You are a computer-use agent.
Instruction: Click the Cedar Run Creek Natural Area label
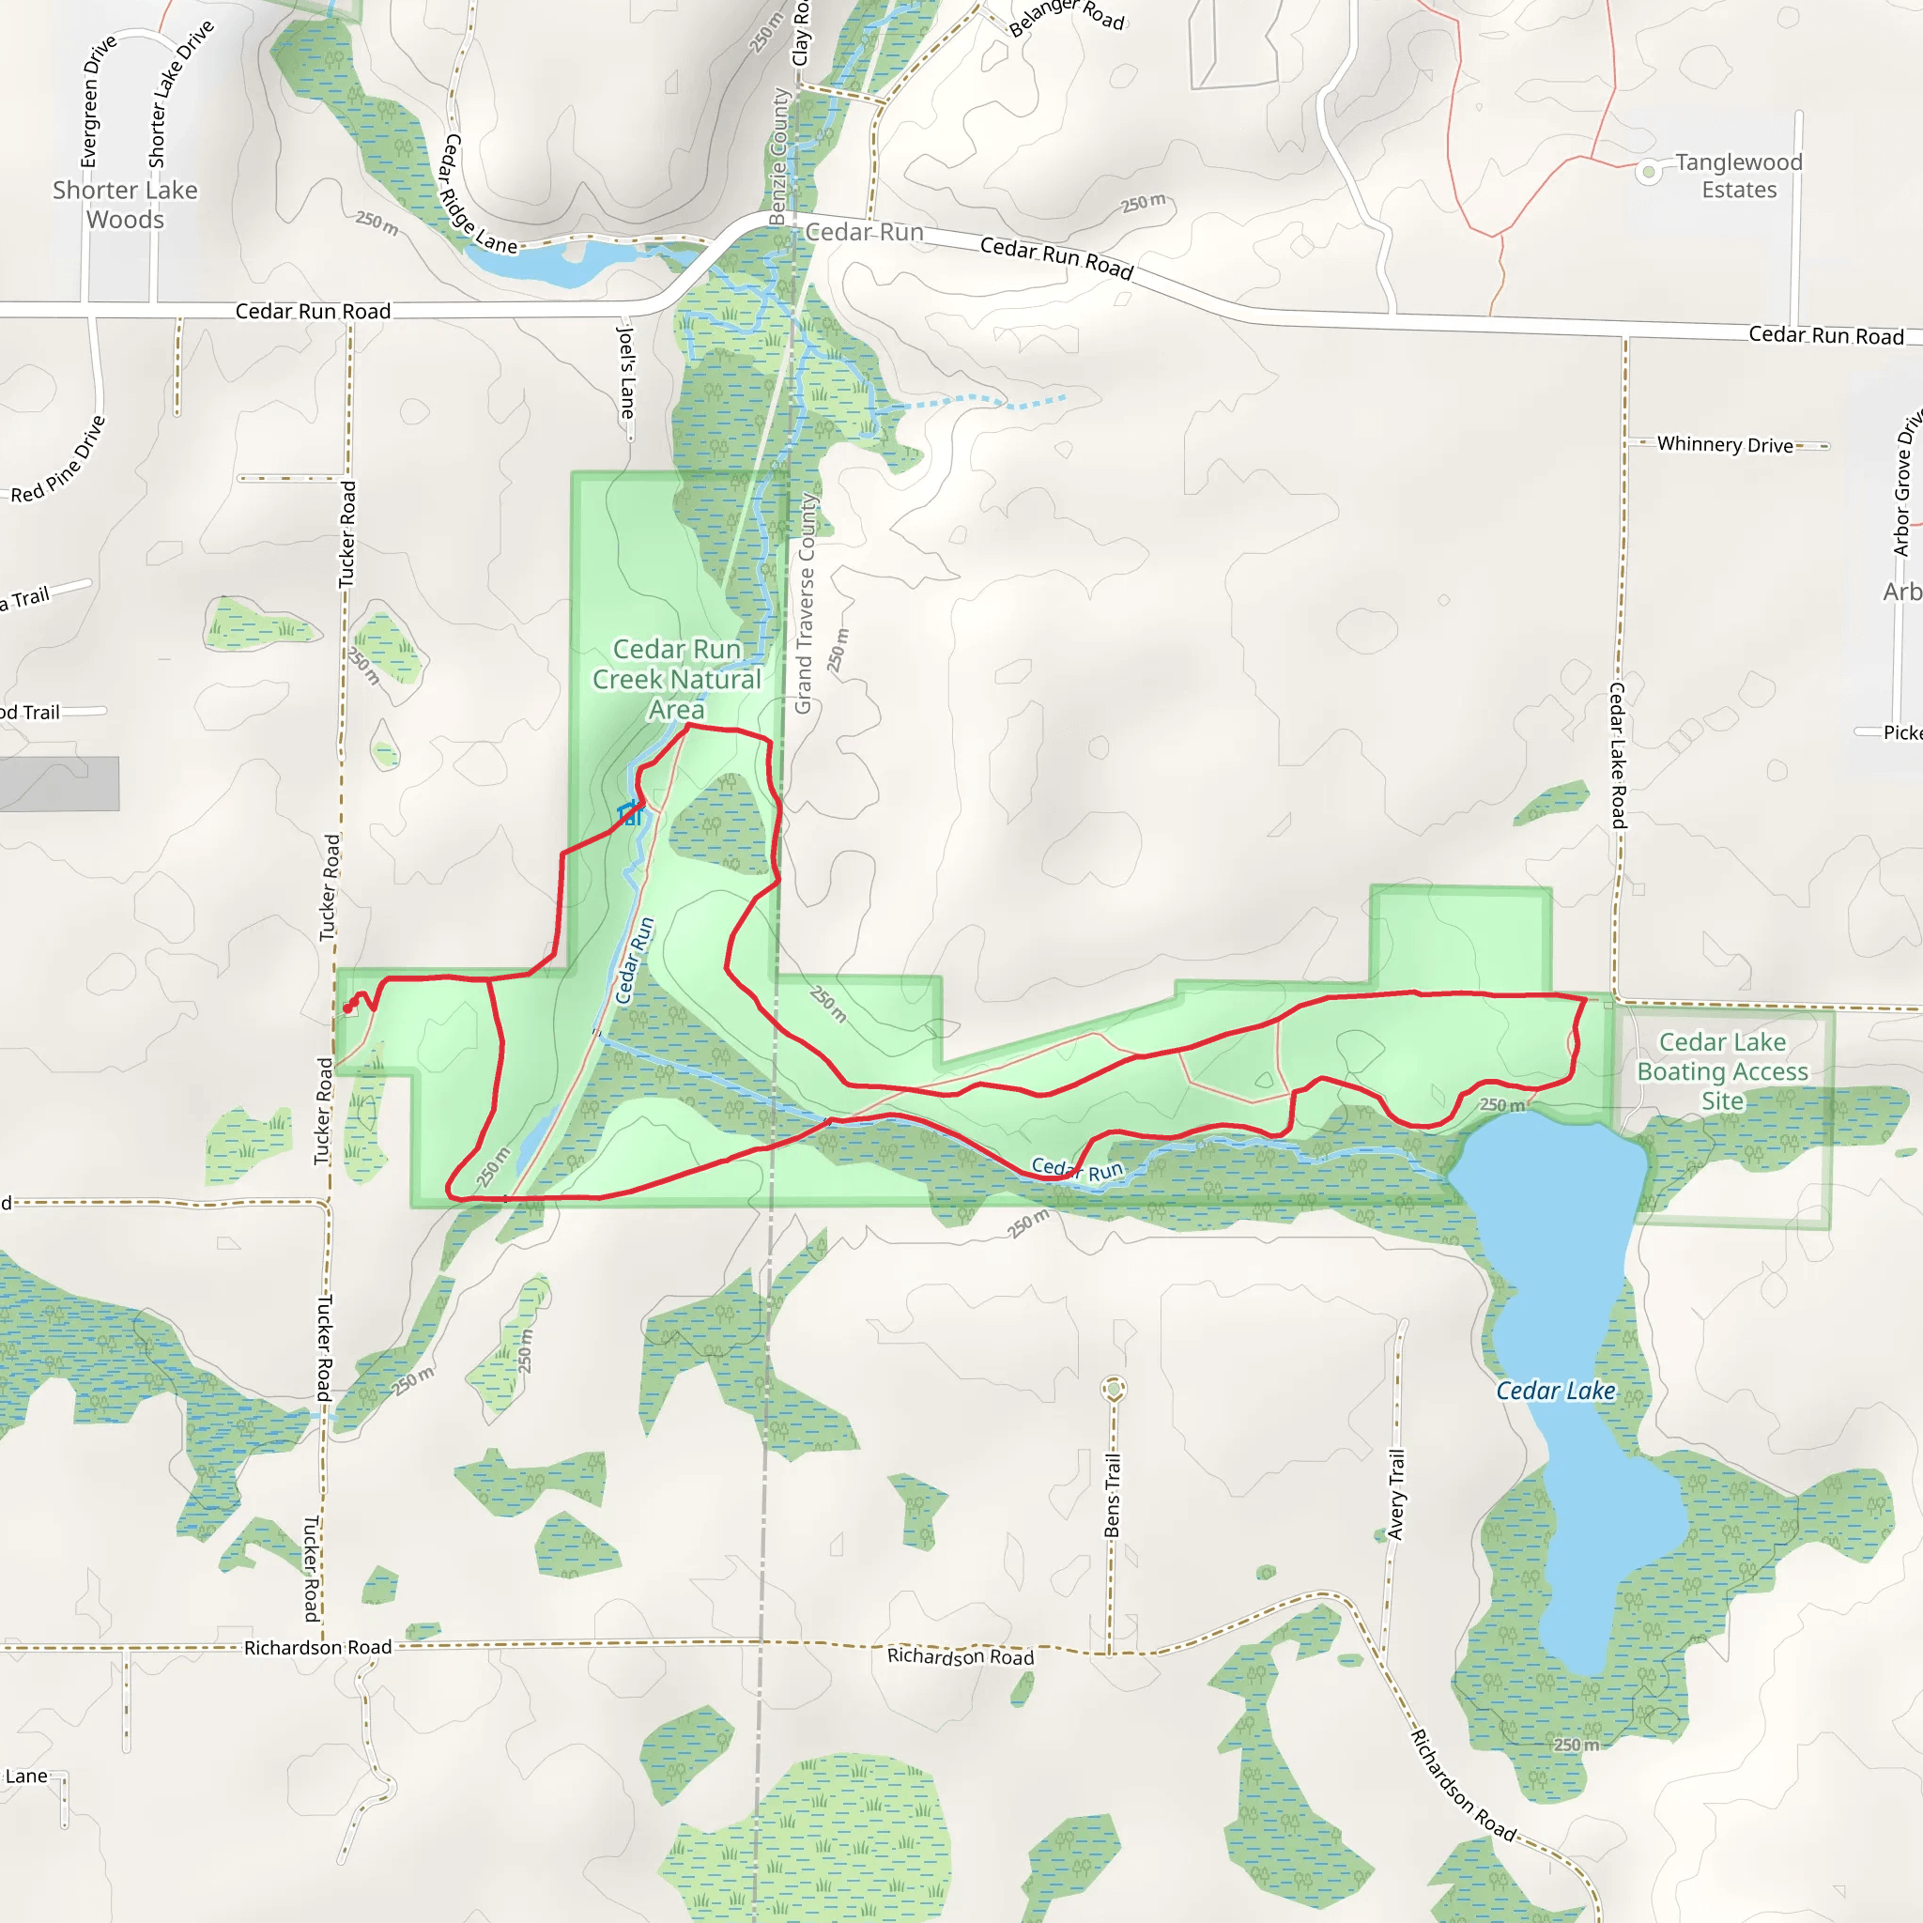click(x=677, y=679)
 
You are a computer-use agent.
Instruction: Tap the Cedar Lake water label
click(x=1556, y=1391)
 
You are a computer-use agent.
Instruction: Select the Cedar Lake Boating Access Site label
click(x=1722, y=1071)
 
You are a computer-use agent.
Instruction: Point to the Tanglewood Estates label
click(x=1738, y=177)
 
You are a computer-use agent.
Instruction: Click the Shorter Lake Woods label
click(x=126, y=204)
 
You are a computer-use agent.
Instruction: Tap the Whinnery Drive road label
click(x=1725, y=445)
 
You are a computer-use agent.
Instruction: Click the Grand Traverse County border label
click(x=805, y=603)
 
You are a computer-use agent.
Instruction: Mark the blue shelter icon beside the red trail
click(x=630, y=813)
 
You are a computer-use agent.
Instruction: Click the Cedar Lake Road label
click(x=1619, y=756)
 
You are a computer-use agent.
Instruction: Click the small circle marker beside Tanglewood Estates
click(x=1649, y=172)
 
